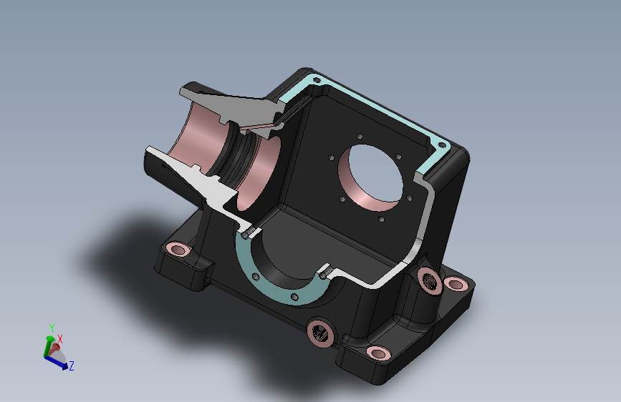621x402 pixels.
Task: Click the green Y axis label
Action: tap(52, 328)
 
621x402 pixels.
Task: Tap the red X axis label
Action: tap(60, 339)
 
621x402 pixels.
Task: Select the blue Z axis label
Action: tap(72, 366)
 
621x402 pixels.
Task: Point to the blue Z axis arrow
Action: tap(56, 363)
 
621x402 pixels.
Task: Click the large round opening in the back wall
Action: tap(372, 176)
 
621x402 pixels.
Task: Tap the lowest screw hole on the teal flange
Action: tap(294, 297)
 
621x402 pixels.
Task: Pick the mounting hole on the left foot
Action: tap(178, 250)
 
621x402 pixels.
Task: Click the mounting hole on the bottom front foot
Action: tap(379, 353)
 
